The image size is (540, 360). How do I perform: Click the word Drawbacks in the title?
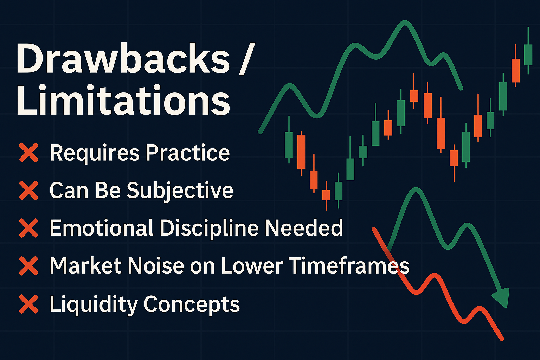[123, 58]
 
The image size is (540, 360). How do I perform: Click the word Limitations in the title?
[123, 99]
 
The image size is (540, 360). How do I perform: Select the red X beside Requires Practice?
[29, 152]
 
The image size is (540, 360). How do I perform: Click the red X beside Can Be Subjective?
[29, 190]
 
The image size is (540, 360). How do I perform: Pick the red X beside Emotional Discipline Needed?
[29, 228]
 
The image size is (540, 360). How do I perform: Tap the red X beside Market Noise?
[29, 266]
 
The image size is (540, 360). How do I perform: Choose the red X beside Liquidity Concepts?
[29, 304]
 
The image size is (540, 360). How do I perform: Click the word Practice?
[187, 153]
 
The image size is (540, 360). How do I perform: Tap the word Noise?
[156, 266]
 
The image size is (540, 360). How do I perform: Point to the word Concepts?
[192, 305]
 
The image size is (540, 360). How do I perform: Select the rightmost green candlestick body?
[528, 55]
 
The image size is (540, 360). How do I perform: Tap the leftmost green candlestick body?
[289, 145]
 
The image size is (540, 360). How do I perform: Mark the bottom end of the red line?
[502, 339]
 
